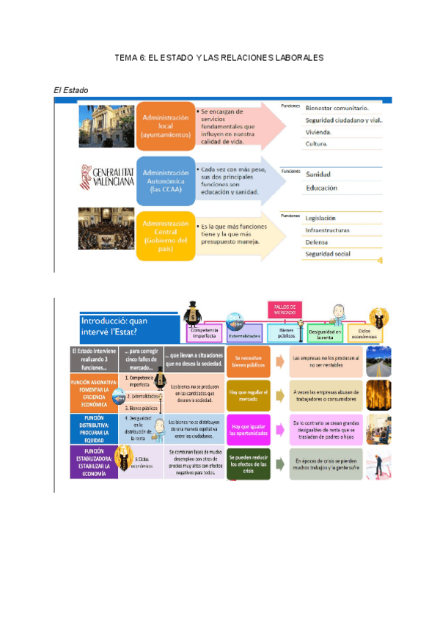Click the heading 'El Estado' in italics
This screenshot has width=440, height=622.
point(71,90)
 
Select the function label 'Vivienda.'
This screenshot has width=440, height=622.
point(318,132)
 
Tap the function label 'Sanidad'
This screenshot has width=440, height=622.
point(318,175)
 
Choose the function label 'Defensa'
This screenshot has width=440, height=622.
point(317,242)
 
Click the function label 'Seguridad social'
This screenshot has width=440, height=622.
point(328,254)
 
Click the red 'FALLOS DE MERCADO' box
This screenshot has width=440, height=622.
point(285,310)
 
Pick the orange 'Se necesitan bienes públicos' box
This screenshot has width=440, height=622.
point(249,359)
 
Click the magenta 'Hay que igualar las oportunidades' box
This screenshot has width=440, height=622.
point(249,430)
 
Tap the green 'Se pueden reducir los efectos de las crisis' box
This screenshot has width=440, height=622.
point(249,464)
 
